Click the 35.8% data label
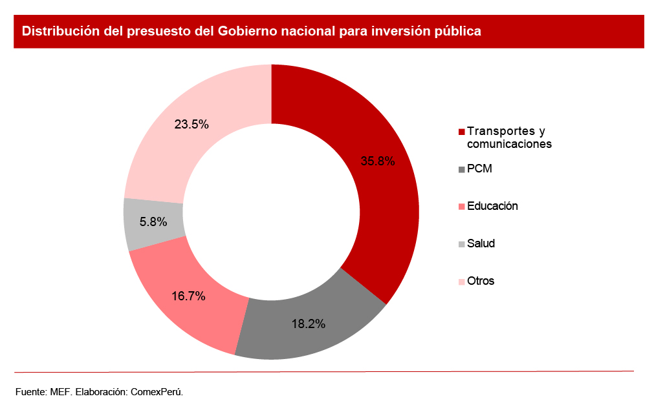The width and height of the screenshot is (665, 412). pos(378,161)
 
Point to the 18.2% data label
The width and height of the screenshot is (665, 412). pos(308,324)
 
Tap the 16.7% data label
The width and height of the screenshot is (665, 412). pos(188,296)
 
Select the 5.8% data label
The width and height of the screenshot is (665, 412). pos(153,221)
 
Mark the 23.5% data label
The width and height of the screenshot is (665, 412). pos(191,125)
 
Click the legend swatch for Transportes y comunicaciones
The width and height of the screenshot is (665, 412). pos(461,132)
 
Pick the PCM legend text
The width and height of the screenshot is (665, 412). pos(479,169)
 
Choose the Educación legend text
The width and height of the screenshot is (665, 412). pos(492,206)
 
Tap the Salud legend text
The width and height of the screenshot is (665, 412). pos(481,243)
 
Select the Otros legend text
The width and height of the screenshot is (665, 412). pos(481,281)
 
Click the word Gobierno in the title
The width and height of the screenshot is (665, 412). pos(250,31)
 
